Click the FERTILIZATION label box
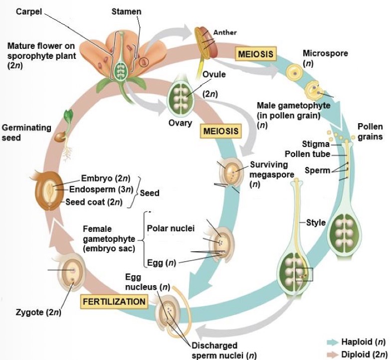pyautogui.click(x=115, y=301)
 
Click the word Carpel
pyautogui.click(x=28, y=11)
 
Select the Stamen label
pyautogui.click(x=126, y=11)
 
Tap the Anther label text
pyautogui.click(x=225, y=32)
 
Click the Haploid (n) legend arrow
pyautogui.click(x=332, y=342)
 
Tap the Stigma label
pyautogui.click(x=316, y=145)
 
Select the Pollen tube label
pyautogui.click(x=307, y=154)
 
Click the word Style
pyautogui.click(x=316, y=222)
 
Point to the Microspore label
pyautogui.click(x=325, y=53)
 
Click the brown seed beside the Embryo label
pyautogui.click(x=49, y=190)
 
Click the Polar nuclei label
pyautogui.click(x=171, y=228)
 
